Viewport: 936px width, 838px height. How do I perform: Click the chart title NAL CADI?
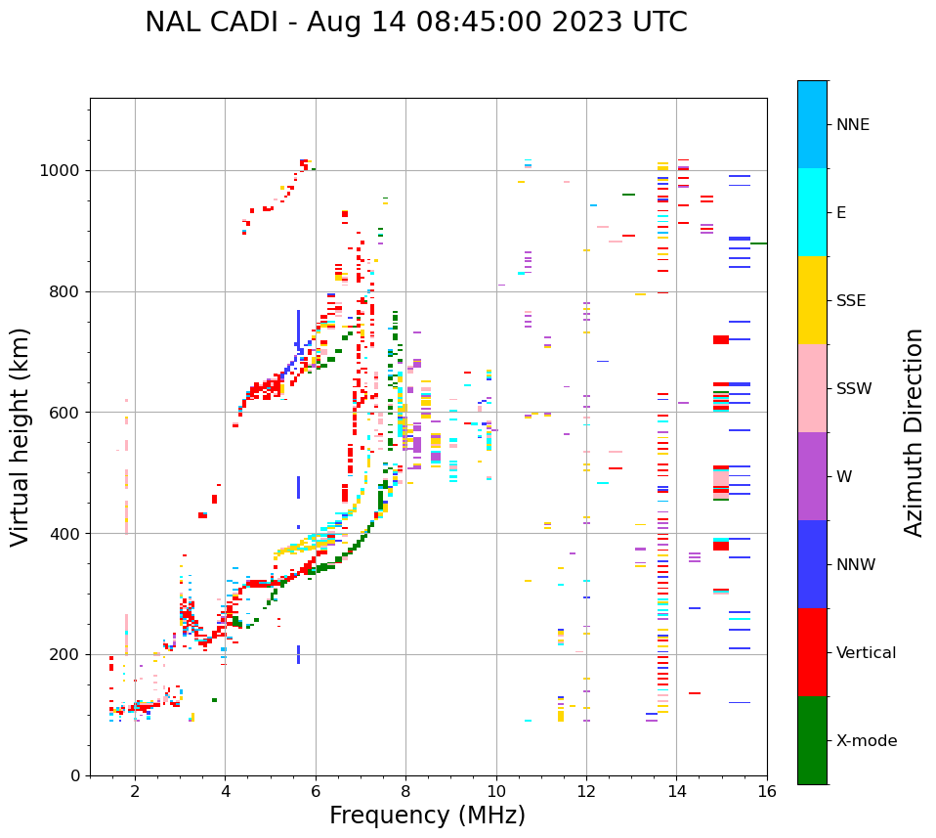pyautogui.click(x=415, y=22)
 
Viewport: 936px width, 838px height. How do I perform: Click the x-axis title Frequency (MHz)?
pyautogui.click(x=427, y=816)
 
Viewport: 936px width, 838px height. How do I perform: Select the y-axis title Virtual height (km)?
pyautogui.click(x=21, y=436)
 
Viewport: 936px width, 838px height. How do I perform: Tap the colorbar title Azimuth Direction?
pyautogui.click(x=914, y=431)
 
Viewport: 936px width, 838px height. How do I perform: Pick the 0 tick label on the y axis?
pyautogui.click(x=74, y=775)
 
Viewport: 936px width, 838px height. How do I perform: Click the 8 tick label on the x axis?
pyautogui.click(x=405, y=791)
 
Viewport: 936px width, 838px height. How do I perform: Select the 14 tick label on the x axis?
pyautogui.click(x=676, y=791)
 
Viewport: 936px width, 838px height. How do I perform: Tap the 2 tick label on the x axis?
pyautogui.click(x=135, y=791)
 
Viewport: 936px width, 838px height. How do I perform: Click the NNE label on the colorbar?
pyautogui.click(x=852, y=125)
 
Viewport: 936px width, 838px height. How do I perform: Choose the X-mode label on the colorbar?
pyautogui.click(x=866, y=741)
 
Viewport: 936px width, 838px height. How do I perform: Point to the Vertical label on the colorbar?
pyautogui.click(x=866, y=653)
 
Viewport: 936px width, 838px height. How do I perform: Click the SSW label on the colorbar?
pyautogui.click(x=854, y=389)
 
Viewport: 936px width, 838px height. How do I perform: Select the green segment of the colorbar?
pyautogui.click(x=812, y=740)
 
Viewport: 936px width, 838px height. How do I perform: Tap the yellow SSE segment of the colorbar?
pyautogui.click(x=812, y=300)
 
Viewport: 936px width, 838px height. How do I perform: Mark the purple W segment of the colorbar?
pyautogui.click(x=812, y=476)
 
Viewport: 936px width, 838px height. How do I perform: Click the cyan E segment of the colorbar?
pyautogui.click(x=812, y=212)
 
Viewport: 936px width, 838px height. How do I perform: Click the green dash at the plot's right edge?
pyautogui.click(x=758, y=243)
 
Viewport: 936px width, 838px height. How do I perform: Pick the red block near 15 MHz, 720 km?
pyautogui.click(x=721, y=339)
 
